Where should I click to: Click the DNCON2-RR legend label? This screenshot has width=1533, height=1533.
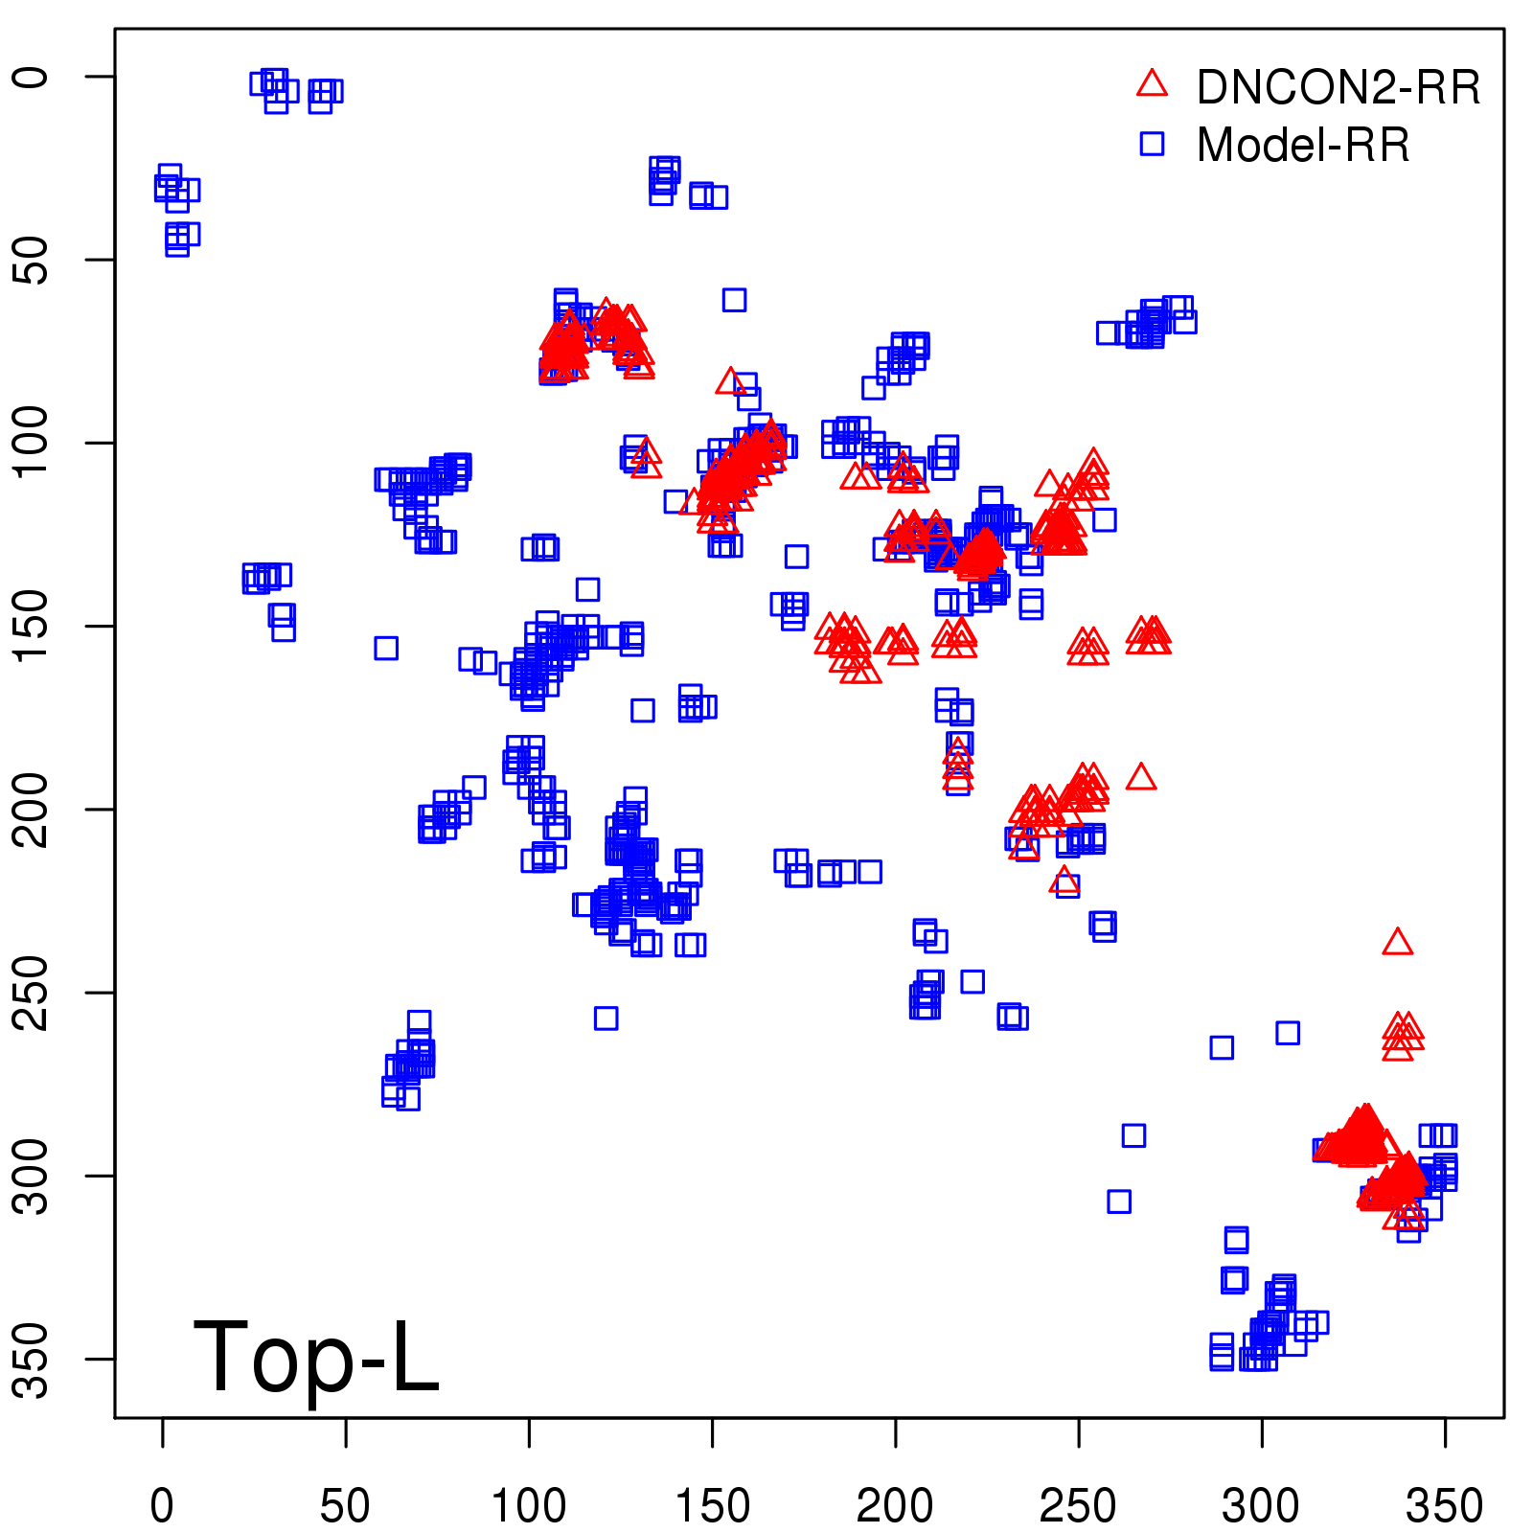(x=1338, y=87)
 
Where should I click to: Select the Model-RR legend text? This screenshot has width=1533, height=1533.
(x=1303, y=146)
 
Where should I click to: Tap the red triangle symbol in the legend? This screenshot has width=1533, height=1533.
(x=1152, y=84)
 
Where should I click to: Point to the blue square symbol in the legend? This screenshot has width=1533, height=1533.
(x=1152, y=144)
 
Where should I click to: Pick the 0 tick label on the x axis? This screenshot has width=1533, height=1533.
(x=163, y=1505)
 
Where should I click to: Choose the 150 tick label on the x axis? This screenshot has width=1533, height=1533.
(x=712, y=1505)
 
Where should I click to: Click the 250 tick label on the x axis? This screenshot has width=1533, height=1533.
(x=1078, y=1505)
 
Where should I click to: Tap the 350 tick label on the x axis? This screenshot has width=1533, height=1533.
(x=1444, y=1505)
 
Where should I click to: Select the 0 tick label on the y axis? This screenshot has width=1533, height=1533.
(x=33, y=77)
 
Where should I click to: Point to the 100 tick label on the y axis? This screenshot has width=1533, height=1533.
(x=33, y=443)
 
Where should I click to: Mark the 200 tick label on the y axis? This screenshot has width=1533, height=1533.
(x=33, y=810)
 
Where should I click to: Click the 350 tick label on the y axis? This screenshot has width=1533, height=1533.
(x=33, y=1359)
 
